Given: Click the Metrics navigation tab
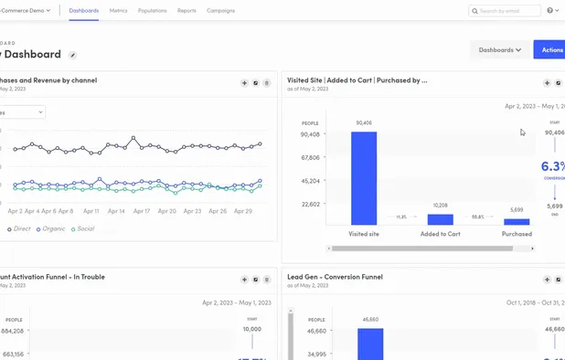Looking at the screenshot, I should [119, 11].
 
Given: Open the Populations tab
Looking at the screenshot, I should [153, 11].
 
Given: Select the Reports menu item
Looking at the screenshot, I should [187, 11].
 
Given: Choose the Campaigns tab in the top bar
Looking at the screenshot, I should [220, 11].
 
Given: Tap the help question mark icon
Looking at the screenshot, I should [550, 11].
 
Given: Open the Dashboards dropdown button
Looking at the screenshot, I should [499, 50].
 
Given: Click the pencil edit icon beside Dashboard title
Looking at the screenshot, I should [73, 56].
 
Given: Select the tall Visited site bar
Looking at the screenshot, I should [364, 178].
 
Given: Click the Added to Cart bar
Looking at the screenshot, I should [440, 219].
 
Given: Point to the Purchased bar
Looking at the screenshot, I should [517, 221].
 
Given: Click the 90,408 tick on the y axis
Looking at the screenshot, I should [310, 134].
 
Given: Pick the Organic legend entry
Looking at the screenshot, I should [51, 229].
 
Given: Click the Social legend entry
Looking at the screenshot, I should [83, 229].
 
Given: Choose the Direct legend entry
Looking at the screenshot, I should [19, 229].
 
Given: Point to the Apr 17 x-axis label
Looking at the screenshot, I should [141, 211].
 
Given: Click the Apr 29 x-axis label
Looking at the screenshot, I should [242, 211].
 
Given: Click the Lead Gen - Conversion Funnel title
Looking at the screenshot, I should [335, 277].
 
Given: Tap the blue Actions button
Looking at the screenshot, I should [550, 50].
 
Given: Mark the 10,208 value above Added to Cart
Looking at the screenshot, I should [440, 206].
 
